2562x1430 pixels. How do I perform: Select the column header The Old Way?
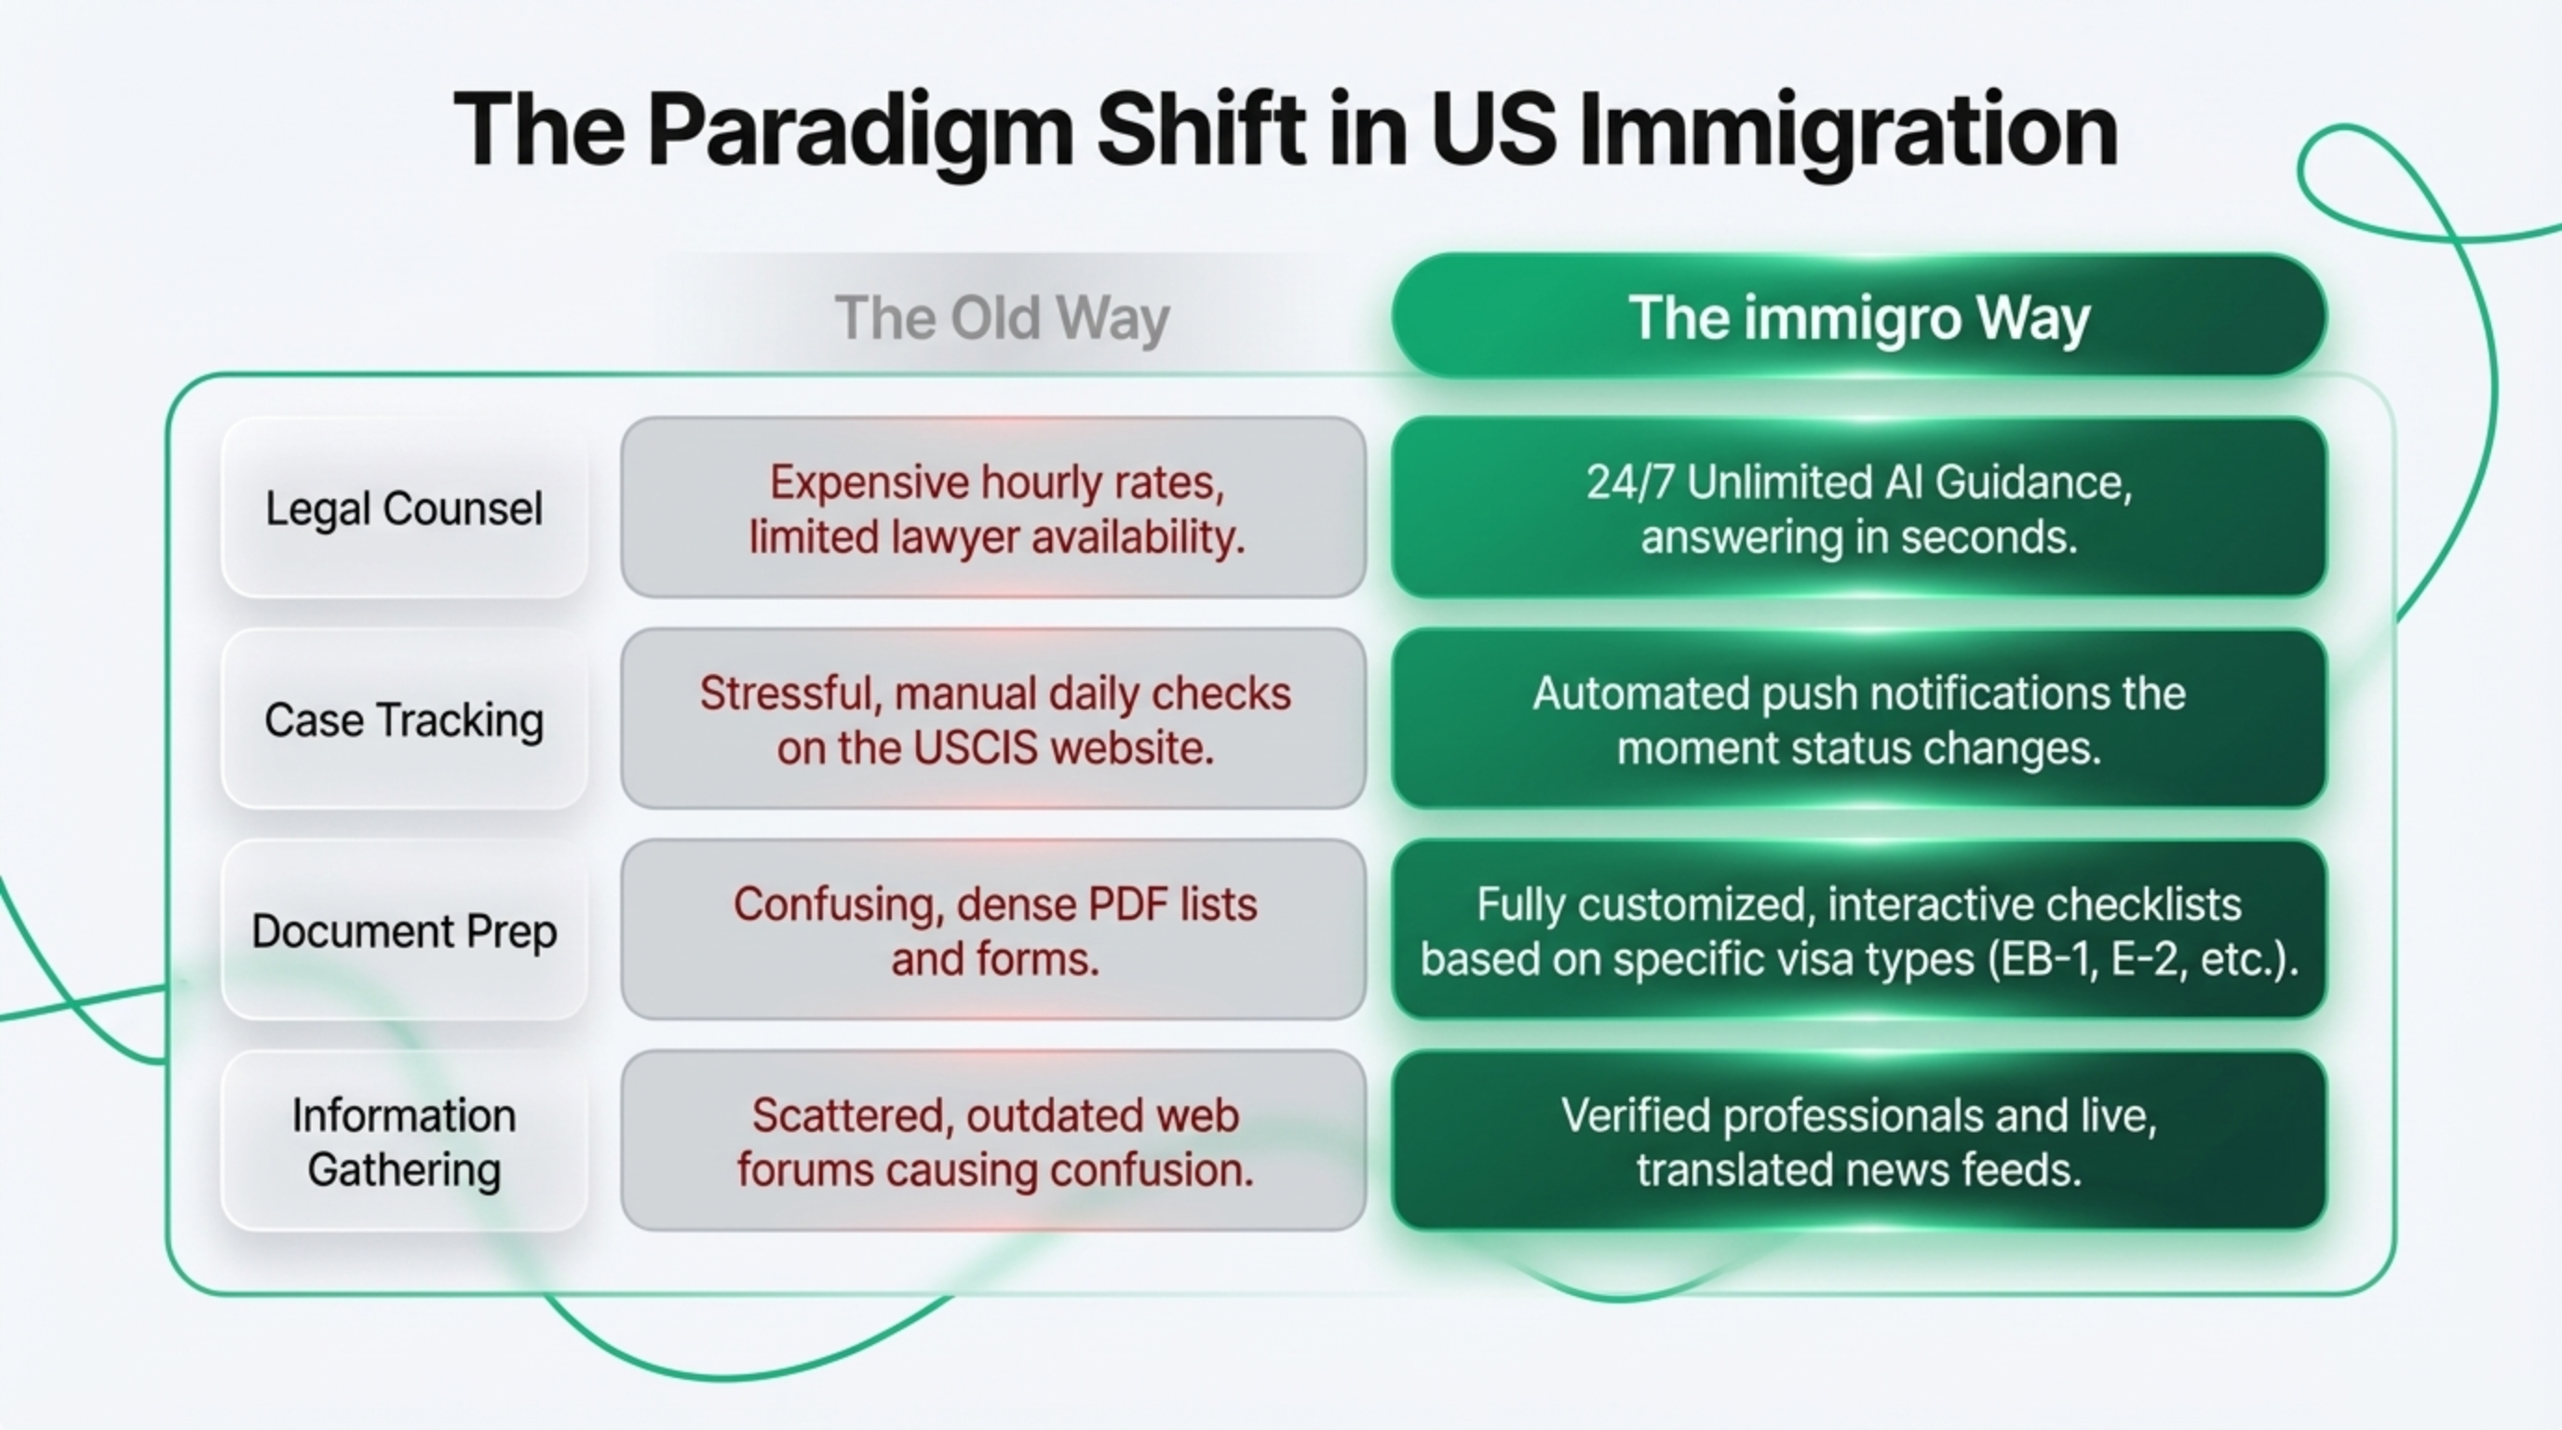coord(1002,318)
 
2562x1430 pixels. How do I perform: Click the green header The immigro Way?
coord(1859,317)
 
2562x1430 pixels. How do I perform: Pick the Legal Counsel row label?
coord(404,508)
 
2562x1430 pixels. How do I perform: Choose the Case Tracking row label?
coord(404,719)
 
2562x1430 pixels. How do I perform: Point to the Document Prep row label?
coord(404,931)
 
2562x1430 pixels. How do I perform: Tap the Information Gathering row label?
coord(404,1141)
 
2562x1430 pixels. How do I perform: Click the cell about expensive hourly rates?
coord(993,508)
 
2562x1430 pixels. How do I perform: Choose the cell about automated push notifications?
coord(1859,719)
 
